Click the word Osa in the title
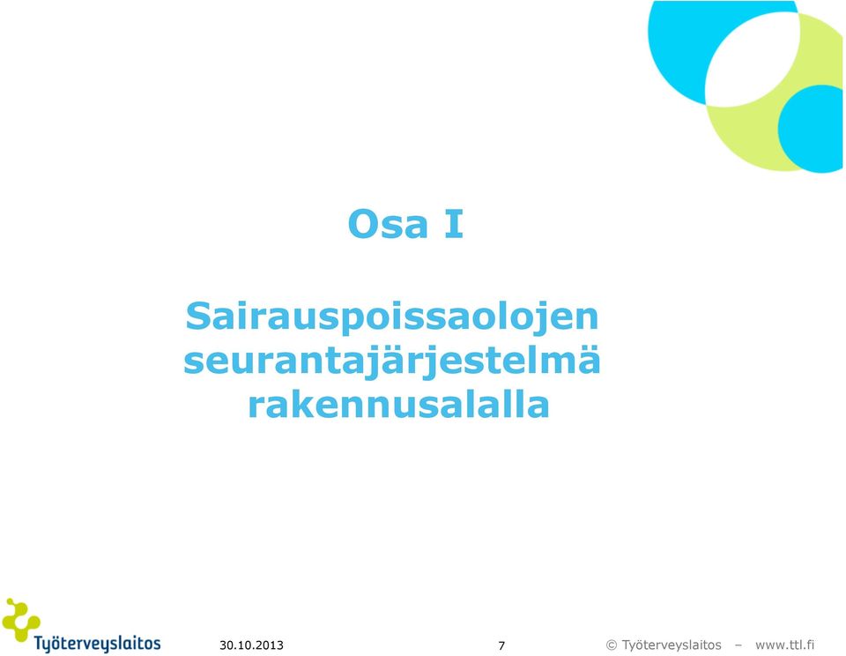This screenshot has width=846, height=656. point(388,224)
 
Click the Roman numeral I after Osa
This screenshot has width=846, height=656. point(453,224)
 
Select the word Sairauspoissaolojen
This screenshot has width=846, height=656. point(392,318)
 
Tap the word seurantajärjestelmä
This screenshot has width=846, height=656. point(392,362)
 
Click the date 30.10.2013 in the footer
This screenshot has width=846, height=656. point(251,645)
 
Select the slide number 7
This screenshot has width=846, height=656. point(501,645)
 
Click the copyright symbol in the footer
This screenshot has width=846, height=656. point(612,645)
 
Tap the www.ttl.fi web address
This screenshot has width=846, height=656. point(785,645)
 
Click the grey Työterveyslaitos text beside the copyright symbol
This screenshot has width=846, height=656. point(672,645)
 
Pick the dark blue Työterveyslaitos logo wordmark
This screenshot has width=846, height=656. point(98,644)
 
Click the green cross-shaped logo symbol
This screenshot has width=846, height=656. point(20,620)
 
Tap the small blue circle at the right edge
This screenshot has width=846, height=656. point(812,129)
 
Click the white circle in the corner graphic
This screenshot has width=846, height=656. point(752,59)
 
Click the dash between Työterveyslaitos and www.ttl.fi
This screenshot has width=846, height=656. point(738,645)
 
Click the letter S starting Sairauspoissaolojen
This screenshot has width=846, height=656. point(198,317)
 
